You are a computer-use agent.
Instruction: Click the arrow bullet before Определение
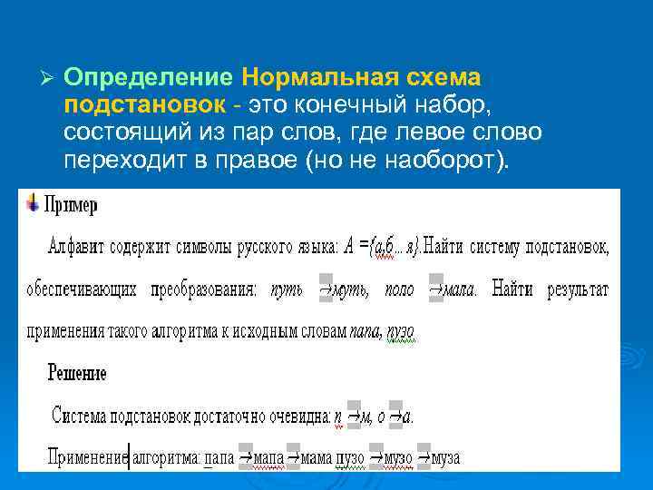click(x=49, y=78)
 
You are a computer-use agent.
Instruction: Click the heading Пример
click(x=70, y=205)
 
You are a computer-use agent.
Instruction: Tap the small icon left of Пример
click(x=33, y=201)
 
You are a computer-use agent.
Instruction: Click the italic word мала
click(x=457, y=290)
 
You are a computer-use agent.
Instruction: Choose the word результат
click(x=578, y=290)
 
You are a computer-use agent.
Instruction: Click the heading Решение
click(x=78, y=373)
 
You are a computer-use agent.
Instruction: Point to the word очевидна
click(x=295, y=416)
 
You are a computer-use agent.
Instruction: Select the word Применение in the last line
click(x=87, y=458)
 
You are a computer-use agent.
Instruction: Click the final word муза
click(x=445, y=458)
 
